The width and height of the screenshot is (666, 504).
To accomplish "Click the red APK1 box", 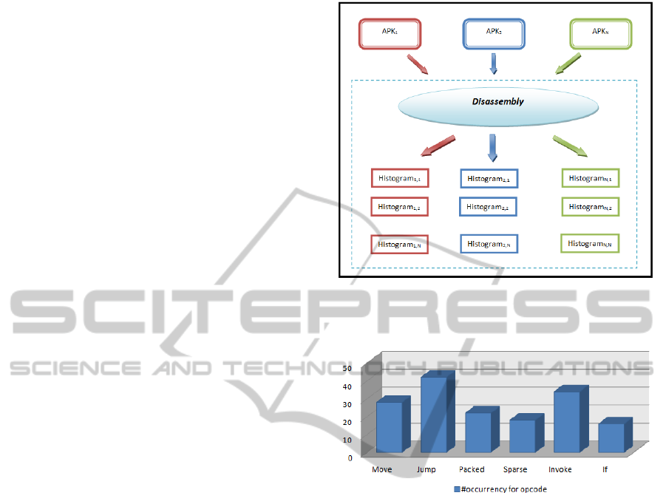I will [390, 34].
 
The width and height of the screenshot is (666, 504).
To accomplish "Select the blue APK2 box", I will [494, 34].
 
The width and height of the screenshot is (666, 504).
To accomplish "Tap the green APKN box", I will [600, 34].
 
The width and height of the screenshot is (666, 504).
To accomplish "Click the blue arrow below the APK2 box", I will [494, 64].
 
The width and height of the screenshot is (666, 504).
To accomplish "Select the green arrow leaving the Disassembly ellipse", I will [571, 146].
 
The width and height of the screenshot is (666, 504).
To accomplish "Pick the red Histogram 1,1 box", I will [399, 179].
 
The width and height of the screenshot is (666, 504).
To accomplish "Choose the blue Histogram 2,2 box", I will [488, 208].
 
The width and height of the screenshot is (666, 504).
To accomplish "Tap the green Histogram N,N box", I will [590, 244].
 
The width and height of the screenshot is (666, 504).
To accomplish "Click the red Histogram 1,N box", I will [399, 245].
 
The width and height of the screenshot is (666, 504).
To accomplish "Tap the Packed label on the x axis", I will [472, 469].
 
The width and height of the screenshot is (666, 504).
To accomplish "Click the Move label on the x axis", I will [381, 469].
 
